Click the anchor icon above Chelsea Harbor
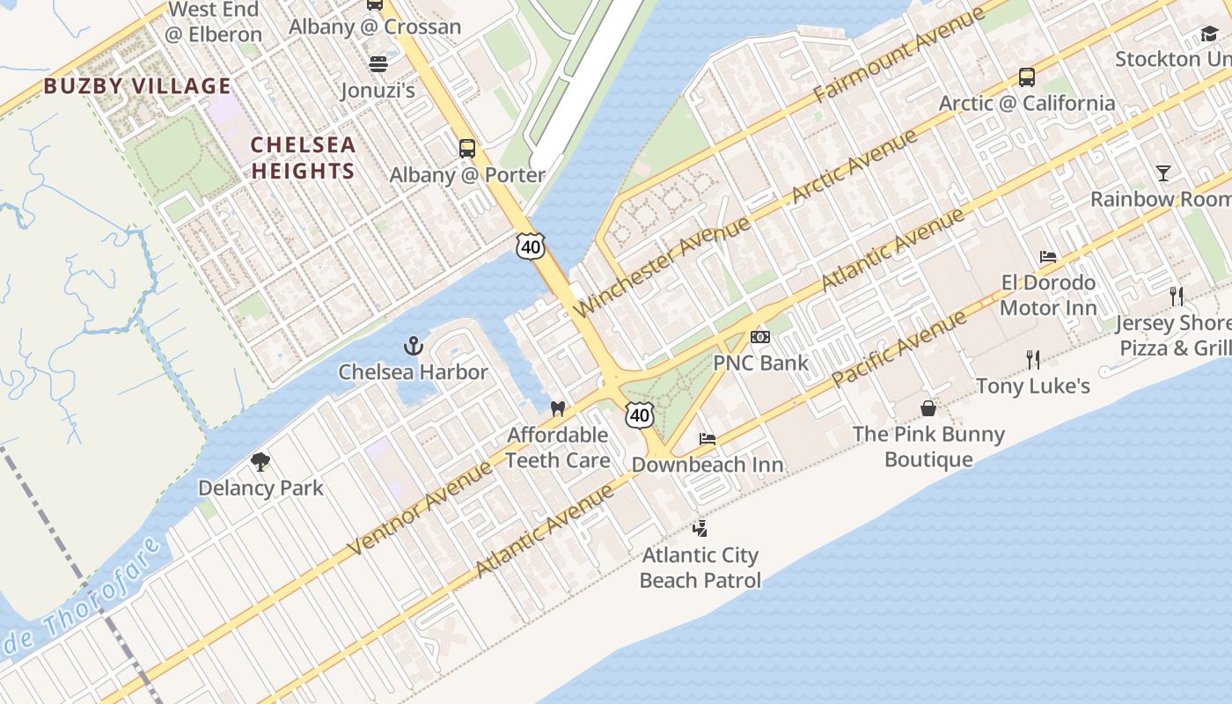click(x=413, y=346)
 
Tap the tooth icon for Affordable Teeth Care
click(x=557, y=408)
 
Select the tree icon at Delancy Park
click(x=260, y=462)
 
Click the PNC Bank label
click(x=760, y=363)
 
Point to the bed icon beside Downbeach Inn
click(x=708, y=438)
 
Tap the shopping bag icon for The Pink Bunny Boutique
click(x=928, y=408)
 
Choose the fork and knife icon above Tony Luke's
click(x=1033, y=359)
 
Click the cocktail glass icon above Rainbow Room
click(x=1163, y=173)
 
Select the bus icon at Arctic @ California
click(x=1026, y=77)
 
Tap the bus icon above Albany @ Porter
click(x=467, y=149)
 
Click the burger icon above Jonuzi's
click(x=378, y=64)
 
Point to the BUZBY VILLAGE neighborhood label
click(x=137, y=86)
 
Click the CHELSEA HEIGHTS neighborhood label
click(x=303, y=158)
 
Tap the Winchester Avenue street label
click(x=662, y=265)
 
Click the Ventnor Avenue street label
click(x=421, y=508)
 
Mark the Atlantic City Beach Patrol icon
click(x=700, y=528)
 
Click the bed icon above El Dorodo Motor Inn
click(x=1047, y=257)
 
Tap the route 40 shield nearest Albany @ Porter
click(x=531, y=247)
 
